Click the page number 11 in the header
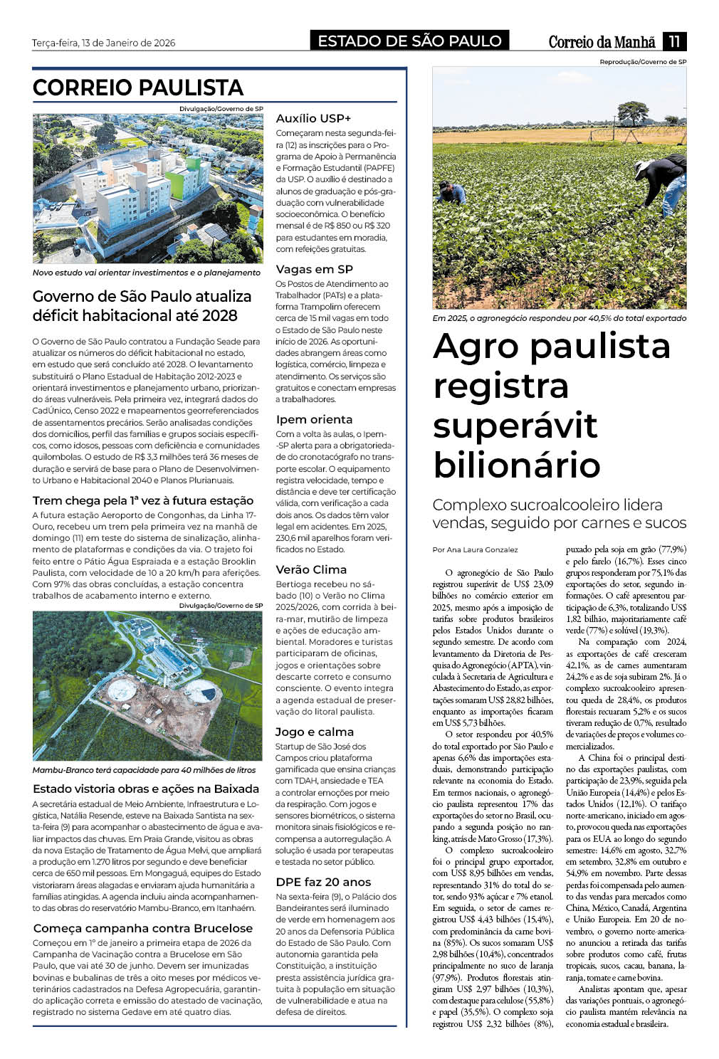coord(674,41)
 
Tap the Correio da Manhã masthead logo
coord(602,42)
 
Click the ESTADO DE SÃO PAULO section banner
coord(409,41)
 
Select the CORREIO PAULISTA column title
coord(138,88)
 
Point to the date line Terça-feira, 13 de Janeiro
coord(103,43)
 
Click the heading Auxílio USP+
coord(313,118)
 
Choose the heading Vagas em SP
coord(314,269)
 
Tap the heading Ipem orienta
coord(314,419)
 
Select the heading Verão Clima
coord(311,569)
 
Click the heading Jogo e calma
coord(314,732)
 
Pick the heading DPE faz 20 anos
coord(323,882)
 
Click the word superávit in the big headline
coord(515,426)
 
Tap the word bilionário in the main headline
coord(517,465)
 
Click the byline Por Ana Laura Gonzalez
coord(475,549)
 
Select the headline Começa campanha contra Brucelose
coord(142,928)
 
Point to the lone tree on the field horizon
coord(631,112)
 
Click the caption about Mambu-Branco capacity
coord(144,770)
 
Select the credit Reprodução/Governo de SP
coord(643,62)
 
